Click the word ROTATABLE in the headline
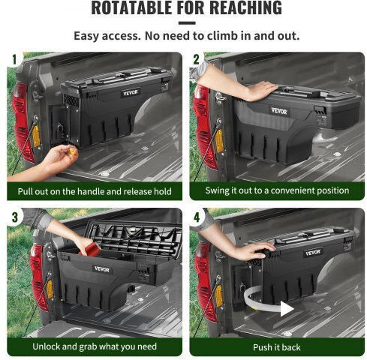pos(132,7)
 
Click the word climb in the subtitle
pos(222,36)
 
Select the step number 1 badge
pos(14,59)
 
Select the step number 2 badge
pos(196,59)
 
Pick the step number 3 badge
pos(15,217)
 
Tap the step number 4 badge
pos(197,217)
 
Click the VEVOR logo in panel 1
pos(131,93)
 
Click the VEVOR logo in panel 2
pos(279,111)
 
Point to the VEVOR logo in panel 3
pos(102,269)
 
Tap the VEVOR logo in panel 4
pos(312,253)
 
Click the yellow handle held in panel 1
pos(72,151)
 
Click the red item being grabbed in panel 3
pos(90,248)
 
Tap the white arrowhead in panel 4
pos(287,309)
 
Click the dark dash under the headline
pos(187,23)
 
